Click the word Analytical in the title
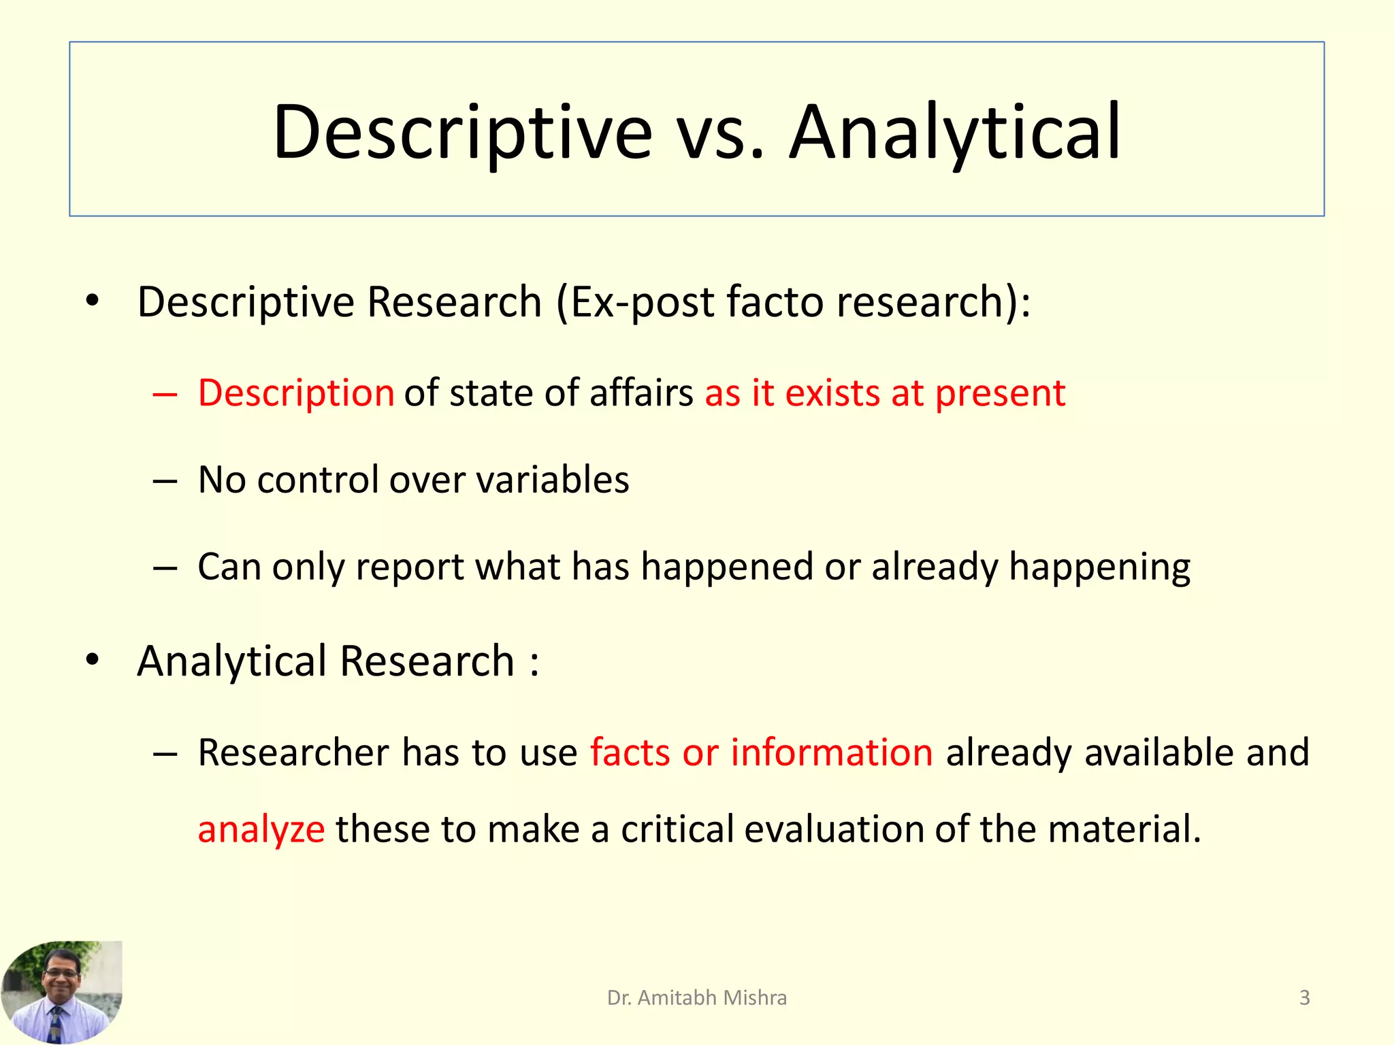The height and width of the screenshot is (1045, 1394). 954,132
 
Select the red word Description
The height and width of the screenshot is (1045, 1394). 296,393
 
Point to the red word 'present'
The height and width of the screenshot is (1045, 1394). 999,393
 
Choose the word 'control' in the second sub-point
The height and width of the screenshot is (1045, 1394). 317,480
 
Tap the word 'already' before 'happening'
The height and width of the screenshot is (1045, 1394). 934,566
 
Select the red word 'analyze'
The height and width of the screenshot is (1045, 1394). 261,829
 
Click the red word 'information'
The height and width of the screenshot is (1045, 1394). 831,752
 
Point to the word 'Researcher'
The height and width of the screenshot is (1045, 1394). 293,752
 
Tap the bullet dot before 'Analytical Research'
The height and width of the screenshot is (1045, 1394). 93,659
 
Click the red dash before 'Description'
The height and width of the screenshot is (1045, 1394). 165,394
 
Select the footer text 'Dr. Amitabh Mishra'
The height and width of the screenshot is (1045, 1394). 696,997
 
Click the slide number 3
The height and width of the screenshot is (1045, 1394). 1304,997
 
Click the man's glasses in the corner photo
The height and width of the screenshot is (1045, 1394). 61,974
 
